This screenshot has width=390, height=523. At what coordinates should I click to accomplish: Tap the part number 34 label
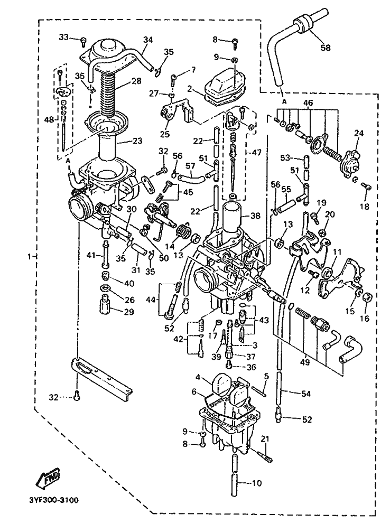pos(148,40)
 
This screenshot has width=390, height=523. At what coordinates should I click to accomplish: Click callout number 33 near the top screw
pos(64,36)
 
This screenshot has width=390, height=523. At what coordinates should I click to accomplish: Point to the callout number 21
pos(264,439)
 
